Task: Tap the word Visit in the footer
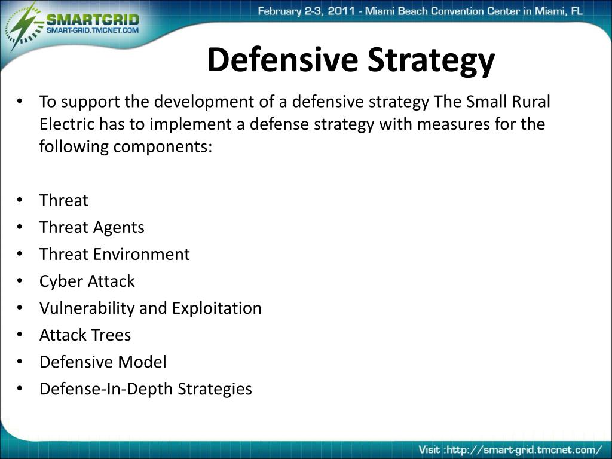429,449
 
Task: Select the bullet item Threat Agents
91,227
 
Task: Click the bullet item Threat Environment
114,254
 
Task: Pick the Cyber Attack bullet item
87,281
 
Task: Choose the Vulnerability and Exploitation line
150,308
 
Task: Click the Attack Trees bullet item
85,335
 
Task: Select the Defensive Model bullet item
103,362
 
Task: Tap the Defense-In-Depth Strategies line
145,388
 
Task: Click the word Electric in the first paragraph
67,124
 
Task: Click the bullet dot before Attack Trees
20,335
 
